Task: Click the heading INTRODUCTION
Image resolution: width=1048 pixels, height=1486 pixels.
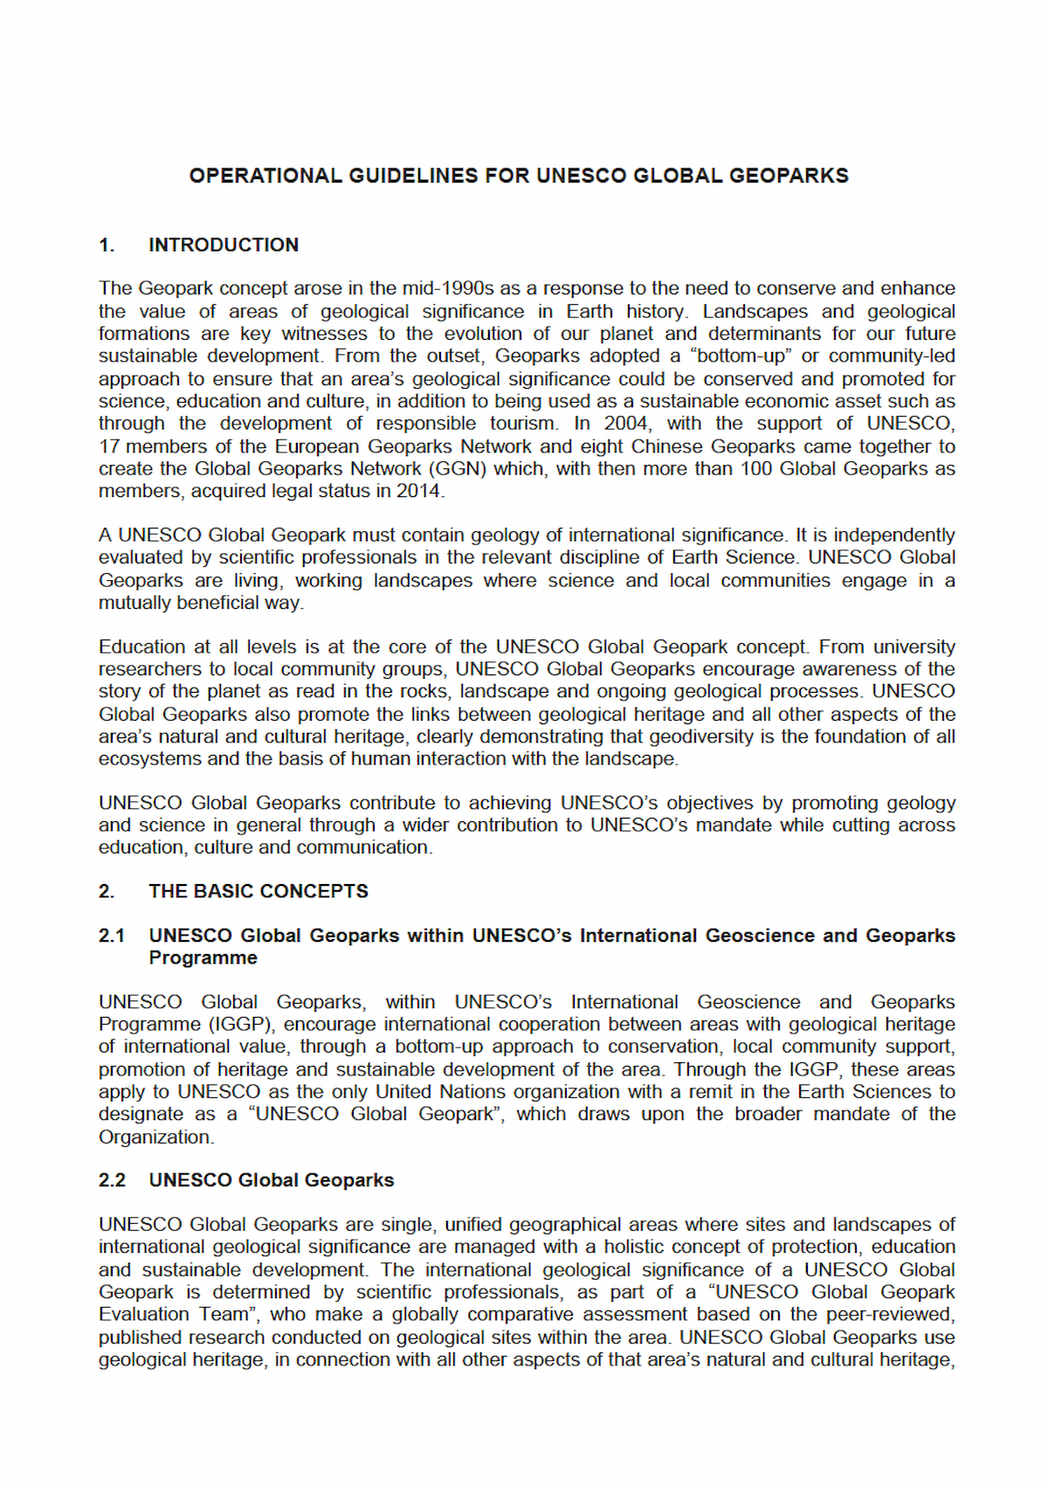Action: (224, 245)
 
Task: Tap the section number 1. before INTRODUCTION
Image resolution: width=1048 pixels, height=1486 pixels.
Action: (107, 245)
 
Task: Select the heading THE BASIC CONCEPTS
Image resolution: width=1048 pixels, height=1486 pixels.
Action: (259, 891)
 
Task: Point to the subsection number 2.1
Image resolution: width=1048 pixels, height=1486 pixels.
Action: (112, 936)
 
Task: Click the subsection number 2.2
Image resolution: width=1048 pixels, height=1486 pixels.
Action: (112, 1180)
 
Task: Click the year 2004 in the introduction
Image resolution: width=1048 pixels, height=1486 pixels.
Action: (626, 424)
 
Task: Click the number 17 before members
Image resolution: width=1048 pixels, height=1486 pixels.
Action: (109, 446)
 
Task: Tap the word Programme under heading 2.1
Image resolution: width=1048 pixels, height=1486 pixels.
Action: (203, 957)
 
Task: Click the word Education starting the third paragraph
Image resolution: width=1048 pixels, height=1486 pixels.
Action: (142, 646)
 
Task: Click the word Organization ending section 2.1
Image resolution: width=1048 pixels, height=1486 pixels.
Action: (155, 1137)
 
